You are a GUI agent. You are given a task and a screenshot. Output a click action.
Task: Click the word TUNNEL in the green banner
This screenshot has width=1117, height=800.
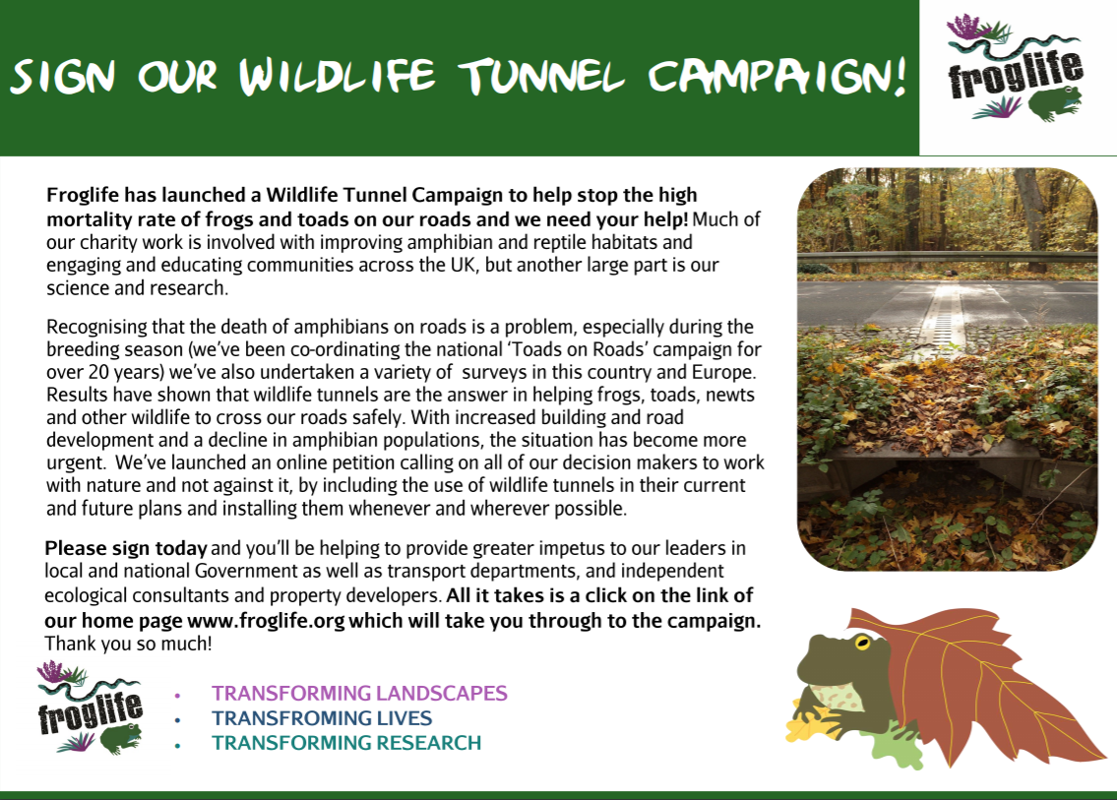pos(541,76)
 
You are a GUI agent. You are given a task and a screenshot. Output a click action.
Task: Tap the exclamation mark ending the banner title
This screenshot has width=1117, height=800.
pos(900,76)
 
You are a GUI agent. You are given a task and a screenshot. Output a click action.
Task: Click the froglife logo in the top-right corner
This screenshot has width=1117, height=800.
pos(1015,68)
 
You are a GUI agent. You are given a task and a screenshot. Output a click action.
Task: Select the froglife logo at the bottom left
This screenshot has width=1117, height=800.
pos(90,708)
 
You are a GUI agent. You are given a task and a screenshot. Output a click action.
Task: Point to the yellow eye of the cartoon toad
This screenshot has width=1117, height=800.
pos(863,642)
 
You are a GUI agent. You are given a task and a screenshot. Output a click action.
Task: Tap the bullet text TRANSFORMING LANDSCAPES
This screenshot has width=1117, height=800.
pos(359,693)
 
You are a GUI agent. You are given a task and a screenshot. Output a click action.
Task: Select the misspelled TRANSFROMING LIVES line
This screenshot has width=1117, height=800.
pos(322,718)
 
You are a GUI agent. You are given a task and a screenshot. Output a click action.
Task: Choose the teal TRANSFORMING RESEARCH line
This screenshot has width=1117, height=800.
pos(346,743)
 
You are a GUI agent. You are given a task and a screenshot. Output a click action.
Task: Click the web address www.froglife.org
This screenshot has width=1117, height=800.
pos(266,621)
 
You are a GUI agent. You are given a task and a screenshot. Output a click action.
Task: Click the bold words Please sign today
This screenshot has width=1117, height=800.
pos(125,548)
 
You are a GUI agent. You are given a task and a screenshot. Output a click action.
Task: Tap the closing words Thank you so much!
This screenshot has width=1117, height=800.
pos(128,644)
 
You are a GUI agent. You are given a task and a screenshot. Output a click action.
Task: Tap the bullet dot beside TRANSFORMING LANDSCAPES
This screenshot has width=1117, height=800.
pos(177,695)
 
